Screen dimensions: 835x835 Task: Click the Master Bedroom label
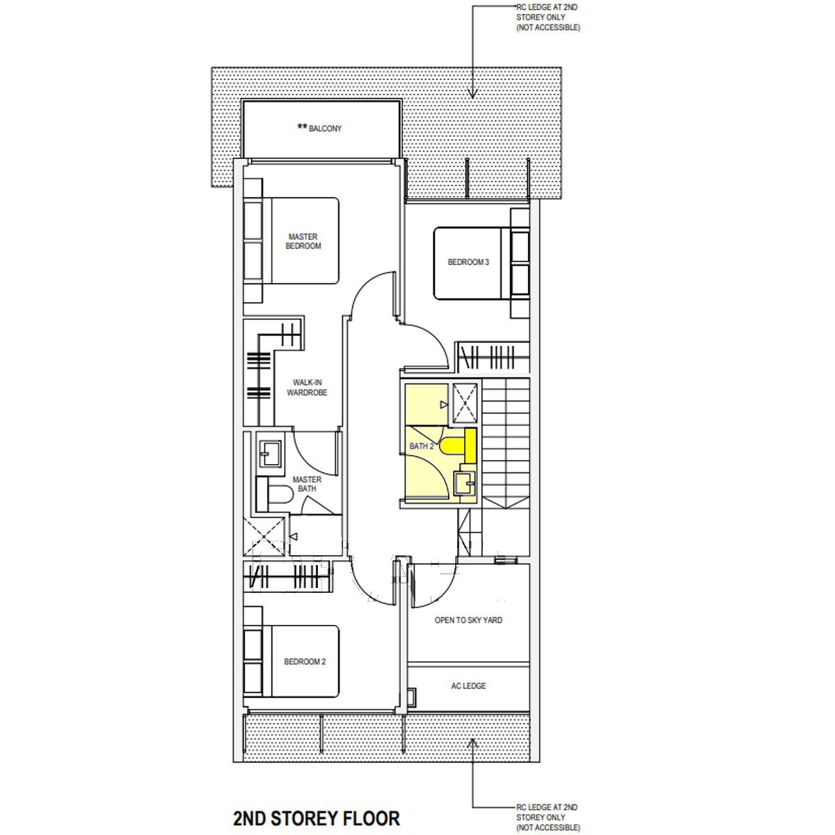303,241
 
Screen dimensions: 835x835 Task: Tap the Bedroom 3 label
468,262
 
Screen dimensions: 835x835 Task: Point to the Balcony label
319,128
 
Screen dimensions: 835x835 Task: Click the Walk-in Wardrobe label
307,388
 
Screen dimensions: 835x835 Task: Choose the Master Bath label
307,484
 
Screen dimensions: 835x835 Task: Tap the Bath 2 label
422,446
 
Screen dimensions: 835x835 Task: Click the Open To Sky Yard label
468,620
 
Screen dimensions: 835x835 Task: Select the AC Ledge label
468,686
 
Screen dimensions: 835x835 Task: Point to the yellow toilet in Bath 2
458,445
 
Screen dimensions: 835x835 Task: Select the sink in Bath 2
464,483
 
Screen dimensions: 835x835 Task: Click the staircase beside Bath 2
506,443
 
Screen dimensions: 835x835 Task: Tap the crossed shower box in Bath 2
465,404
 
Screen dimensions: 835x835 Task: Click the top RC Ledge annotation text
548,17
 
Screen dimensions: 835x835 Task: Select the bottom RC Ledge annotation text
548,817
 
